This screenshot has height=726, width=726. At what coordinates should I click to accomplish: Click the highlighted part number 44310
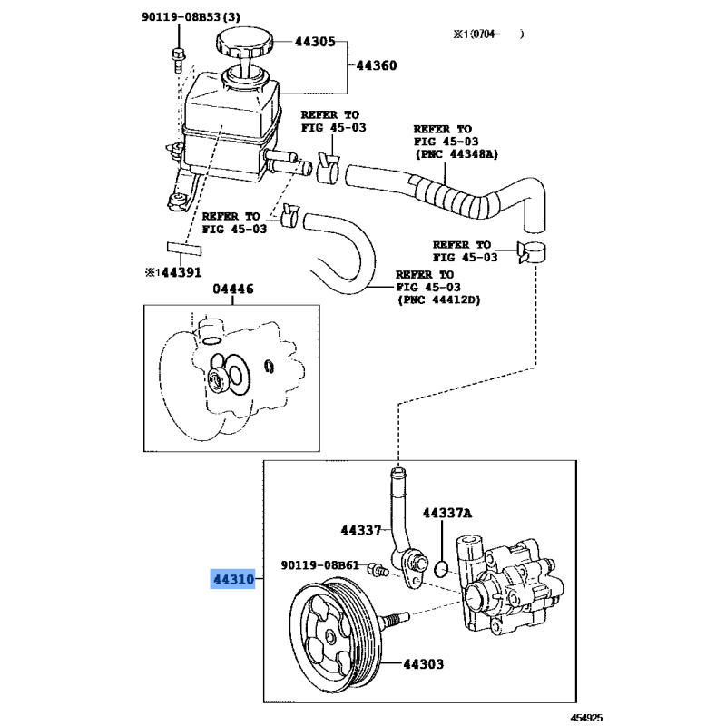tap(232, 578)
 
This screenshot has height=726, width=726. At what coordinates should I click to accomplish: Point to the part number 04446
tap(233, 289)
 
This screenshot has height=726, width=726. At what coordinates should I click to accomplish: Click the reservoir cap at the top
tap(242, 44)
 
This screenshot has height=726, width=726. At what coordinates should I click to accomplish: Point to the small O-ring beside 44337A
tap(440, 568)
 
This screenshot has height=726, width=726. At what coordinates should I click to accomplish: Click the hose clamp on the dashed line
tap(532, 253)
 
